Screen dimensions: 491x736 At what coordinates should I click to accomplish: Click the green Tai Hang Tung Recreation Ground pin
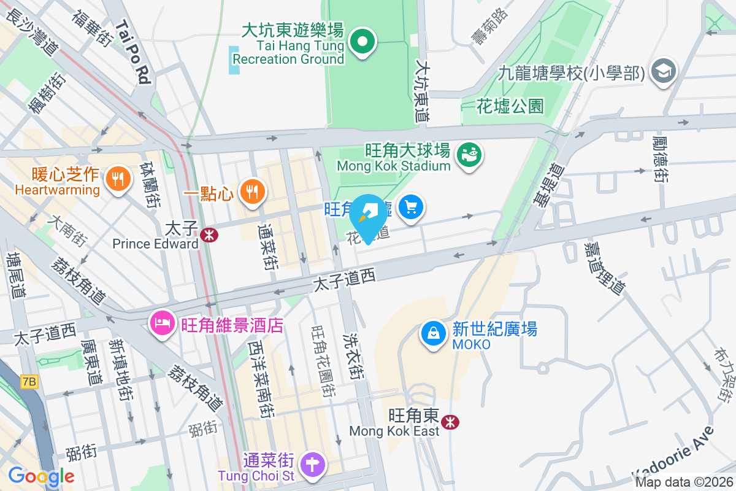click(362, 42)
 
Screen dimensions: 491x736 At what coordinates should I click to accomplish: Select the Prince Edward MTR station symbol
click(209, 234)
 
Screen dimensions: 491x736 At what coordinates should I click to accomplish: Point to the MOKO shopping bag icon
click(433, 334)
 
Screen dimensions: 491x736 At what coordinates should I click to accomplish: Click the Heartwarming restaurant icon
click(117, 179)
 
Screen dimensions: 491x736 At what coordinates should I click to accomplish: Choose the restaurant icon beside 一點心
click(251, 191)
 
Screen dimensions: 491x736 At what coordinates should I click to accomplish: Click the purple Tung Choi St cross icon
click(313, 464)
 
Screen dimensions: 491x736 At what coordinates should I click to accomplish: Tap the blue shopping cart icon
click(411, 207)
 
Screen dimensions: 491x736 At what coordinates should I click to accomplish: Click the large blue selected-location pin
click(369, 216)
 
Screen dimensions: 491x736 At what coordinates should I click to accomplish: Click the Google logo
click(41, 476)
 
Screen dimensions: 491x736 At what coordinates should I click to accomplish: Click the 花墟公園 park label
click(510, 106)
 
